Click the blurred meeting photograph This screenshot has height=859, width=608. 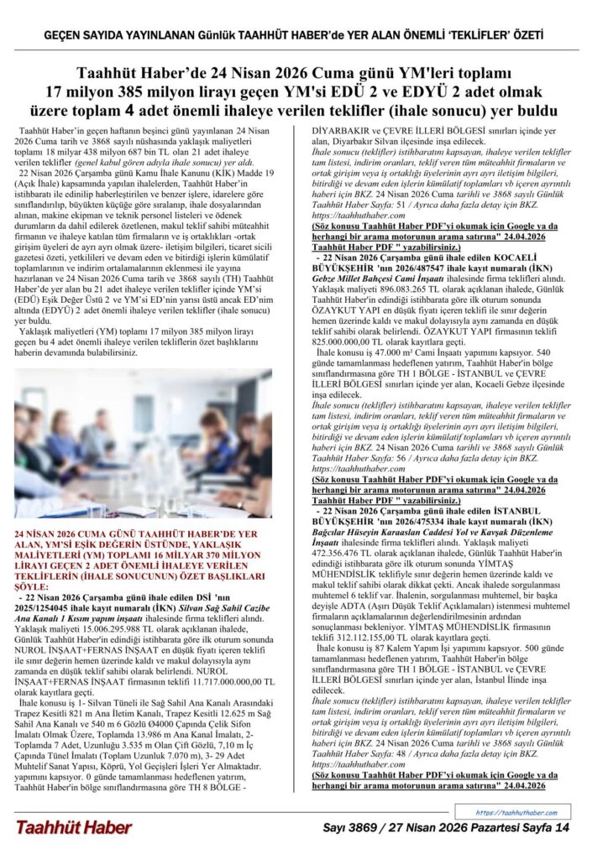144,444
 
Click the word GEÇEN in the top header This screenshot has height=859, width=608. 64,36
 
